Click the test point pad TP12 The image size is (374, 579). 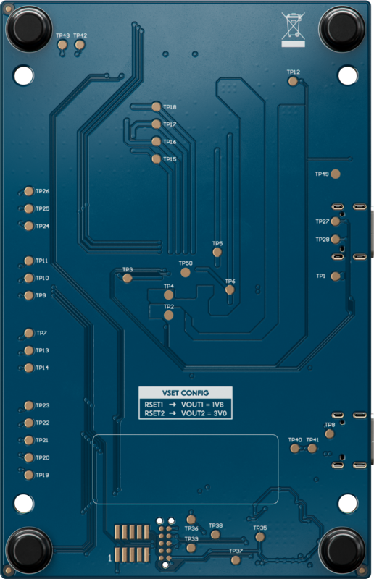[293, 81]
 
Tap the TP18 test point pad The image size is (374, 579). [157, 106]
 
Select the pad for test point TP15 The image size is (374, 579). [157, 159]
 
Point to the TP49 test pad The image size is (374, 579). [335, 174]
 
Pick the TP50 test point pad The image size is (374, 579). [186, 273]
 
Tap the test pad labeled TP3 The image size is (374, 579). [128, 278]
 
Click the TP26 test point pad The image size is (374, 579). [29, 192]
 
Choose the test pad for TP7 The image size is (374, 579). [29, 333]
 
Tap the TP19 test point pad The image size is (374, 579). [29, 476]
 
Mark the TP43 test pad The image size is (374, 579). [62, 45]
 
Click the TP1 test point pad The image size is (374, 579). [335, 276]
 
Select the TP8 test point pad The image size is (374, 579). [330, 434]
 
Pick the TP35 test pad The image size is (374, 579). [259, 537]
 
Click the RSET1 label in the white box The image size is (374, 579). [154, 404]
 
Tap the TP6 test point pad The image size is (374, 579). [230, 289]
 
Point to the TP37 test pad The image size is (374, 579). [236, 559]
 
